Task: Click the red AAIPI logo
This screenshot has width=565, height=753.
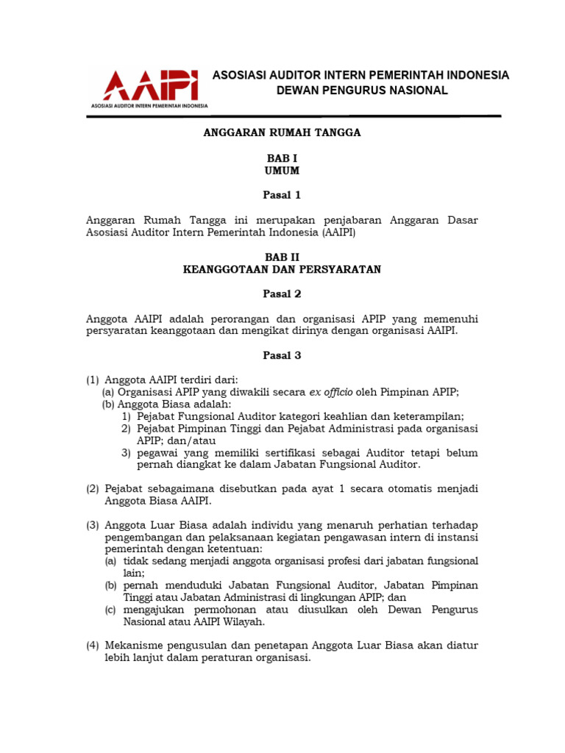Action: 150,88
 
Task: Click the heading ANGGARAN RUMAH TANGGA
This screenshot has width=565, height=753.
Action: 282,133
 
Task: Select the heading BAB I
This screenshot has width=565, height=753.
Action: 282,158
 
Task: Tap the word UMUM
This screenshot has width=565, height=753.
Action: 282,171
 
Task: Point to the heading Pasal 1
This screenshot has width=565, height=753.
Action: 282,196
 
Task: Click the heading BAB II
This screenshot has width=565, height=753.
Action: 282,257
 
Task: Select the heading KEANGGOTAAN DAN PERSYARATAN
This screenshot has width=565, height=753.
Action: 282,269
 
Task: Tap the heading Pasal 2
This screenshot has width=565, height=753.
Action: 282,294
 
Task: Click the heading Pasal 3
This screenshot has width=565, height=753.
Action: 282,355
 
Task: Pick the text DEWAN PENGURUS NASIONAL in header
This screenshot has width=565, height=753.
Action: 361,90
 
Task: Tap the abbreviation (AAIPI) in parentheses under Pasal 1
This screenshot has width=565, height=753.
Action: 338,232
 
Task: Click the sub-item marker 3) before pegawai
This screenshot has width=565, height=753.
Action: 127,453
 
